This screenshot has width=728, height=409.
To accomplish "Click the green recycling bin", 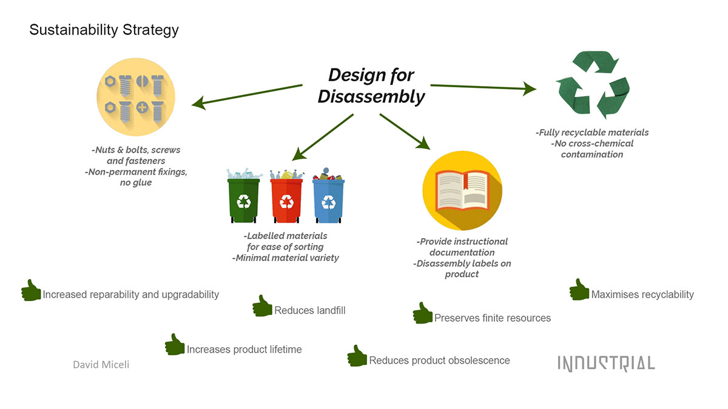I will click(x=243, y=200).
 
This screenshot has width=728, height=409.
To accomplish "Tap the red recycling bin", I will click(x=286, y=200).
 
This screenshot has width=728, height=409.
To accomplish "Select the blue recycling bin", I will click(x=328, y=200).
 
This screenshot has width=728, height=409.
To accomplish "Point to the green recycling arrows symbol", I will click(x=593, y=85).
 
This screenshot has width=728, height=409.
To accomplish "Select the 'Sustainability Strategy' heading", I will click(x=104, y=30).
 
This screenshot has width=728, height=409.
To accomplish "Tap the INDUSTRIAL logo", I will click(x=606, y=363).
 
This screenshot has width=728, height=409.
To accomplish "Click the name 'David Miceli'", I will click(x=101, y=364).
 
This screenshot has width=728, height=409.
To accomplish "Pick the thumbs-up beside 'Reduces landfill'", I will click(x=262, y=306).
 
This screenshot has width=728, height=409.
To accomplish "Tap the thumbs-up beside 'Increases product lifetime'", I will click(x=175, y=345).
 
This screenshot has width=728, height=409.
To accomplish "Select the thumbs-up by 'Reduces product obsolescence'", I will click(x=357, y=356).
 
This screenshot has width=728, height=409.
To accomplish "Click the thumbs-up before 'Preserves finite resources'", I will click(x=422, y=313).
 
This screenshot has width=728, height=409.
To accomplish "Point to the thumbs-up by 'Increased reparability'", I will click(x=31, y=290).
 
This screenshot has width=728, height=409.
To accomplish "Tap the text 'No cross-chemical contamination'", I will click(x=592, y=149).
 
